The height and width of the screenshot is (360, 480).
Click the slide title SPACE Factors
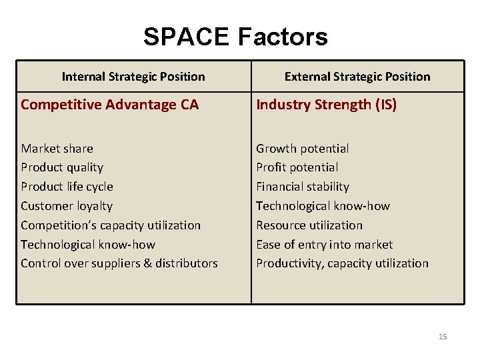pos(235,37)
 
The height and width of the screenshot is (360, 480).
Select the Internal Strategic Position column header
pos(133,77)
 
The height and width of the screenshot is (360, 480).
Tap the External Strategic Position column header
pos(357,77)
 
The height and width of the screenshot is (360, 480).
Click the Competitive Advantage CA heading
pos(109,105)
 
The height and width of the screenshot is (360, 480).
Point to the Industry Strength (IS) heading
pos(326,105)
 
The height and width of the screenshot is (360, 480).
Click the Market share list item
pos(57,149)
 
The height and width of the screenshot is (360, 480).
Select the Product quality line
pos(62,167)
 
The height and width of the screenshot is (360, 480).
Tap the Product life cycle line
pos(67,187)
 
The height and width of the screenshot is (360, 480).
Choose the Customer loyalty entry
pos(67,206)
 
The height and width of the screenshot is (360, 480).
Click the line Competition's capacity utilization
pos(111,225)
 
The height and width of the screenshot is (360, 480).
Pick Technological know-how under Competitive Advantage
pos(88,245)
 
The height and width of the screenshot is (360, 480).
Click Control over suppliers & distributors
pos(119,263)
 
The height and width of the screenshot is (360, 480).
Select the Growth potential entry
pos(303,149)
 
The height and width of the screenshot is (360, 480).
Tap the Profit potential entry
pos(297,167)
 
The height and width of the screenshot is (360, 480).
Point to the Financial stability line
pos(303,187)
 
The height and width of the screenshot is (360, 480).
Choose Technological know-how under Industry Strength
pos(323,206)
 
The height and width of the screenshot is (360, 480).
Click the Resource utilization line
pos(309,225)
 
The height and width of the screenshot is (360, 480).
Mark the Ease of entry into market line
pos(325,245)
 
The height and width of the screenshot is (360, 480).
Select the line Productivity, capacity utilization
pos(343,263)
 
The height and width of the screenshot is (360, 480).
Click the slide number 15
pos(443,337)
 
